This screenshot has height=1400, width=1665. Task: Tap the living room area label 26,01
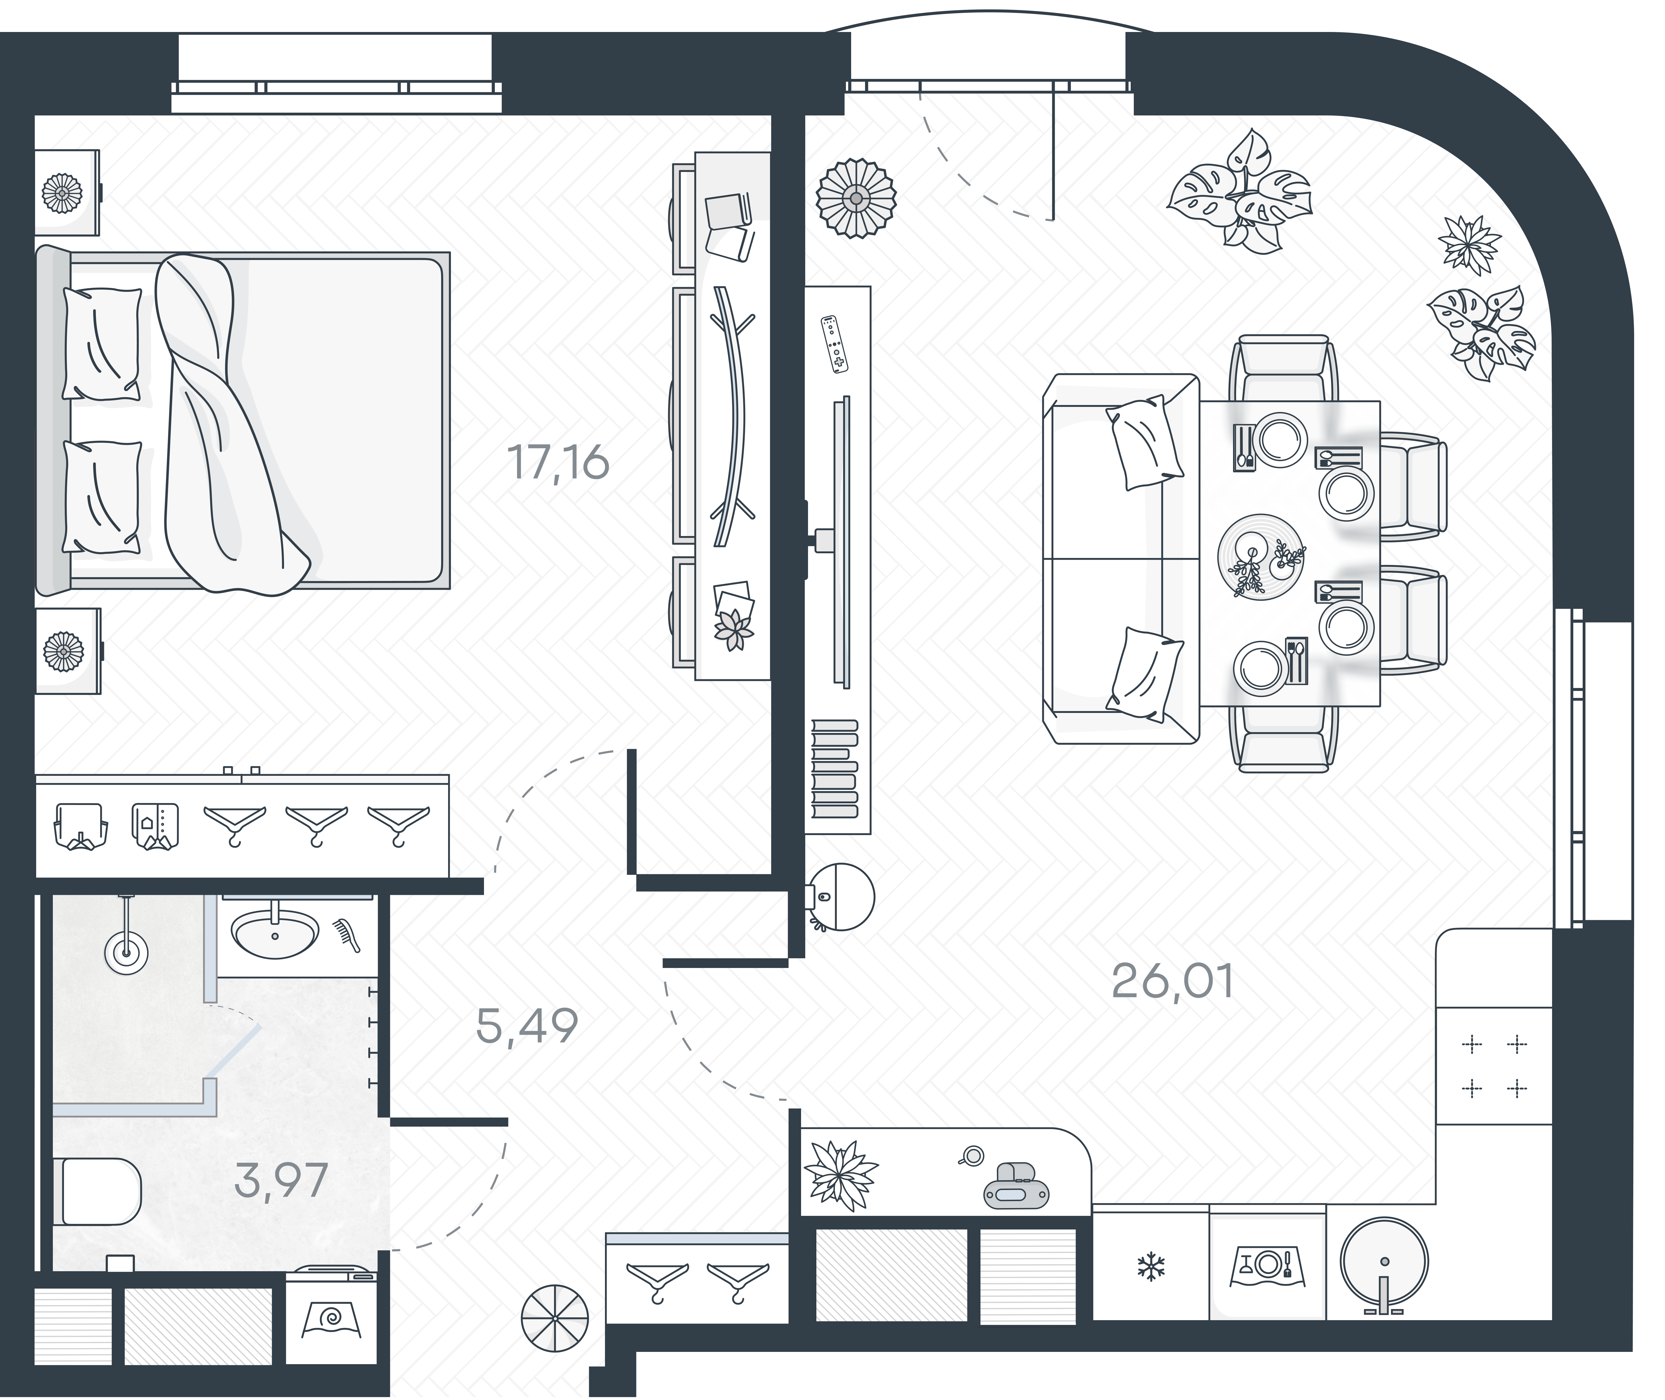[x=1172, y=982]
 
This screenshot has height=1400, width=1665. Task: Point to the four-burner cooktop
[x=1494, y=1066]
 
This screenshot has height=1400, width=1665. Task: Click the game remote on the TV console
[x=833, y=344]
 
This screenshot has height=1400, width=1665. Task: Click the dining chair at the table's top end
[x=1283, y=367]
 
